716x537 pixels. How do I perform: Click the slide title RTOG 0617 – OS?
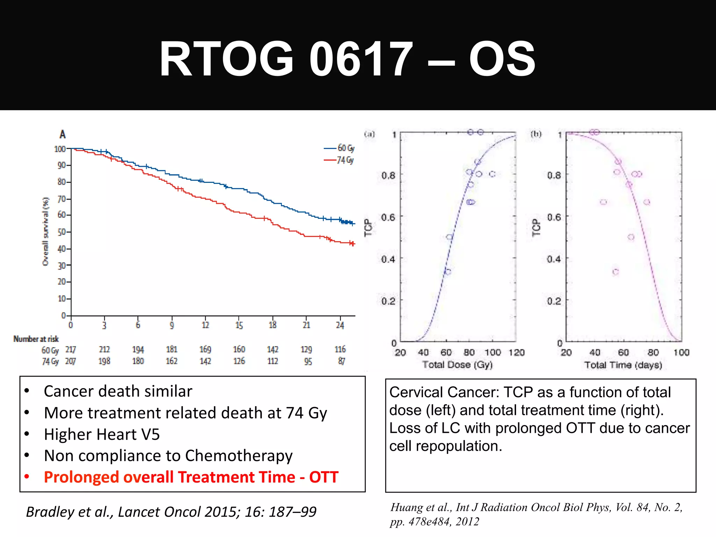point(347,59)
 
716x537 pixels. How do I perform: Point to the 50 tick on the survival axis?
point(62,232)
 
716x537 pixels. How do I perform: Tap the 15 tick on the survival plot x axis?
point(239,325)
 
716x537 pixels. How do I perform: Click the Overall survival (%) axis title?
point(45,231)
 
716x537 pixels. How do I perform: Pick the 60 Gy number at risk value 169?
point(205,349)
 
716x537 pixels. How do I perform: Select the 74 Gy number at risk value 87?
point(341,361)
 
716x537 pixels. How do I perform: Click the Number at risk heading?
point(36,339)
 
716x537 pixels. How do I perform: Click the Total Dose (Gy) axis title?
point(457,365)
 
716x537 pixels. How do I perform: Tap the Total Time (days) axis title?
point(623,365)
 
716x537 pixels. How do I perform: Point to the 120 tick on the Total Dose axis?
point(516,352)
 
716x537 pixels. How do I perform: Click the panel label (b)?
point(536,134)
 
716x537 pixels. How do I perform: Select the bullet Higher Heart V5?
point(102,434)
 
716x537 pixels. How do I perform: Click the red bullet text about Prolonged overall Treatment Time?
point(191,477)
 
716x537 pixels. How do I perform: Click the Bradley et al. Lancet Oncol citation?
point(171,512)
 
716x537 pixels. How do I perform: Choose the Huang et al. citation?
point(536,514)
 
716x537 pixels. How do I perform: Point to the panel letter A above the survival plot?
point(63,134)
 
